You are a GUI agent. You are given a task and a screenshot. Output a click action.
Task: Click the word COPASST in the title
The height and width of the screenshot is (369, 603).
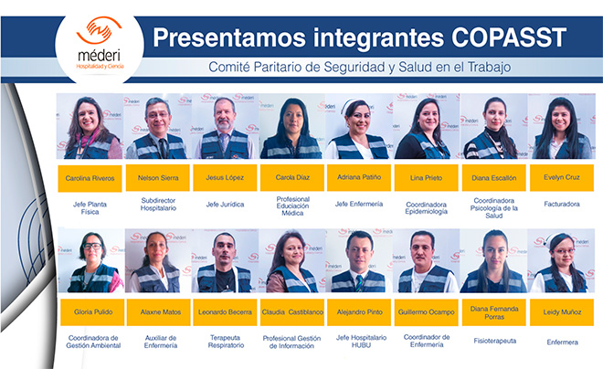(x=509, y=37)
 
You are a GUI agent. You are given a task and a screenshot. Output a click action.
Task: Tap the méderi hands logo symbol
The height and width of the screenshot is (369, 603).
(x=100, y=30)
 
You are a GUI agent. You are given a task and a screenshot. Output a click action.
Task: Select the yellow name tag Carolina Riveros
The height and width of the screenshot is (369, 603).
(x=90, y=178)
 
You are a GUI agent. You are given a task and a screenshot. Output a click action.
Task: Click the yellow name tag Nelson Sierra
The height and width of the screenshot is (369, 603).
(x=158, y=177)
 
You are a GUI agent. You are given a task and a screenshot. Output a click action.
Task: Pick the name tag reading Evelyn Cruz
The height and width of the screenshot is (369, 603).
(x=562, y=177)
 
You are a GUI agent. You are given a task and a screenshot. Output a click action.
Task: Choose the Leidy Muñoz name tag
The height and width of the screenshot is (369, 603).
(x=562, y=312)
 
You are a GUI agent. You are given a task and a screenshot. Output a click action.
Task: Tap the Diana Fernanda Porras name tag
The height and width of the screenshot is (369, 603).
(x=494, y=312)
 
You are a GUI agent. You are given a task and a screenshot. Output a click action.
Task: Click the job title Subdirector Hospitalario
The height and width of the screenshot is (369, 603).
(x=158, y=204)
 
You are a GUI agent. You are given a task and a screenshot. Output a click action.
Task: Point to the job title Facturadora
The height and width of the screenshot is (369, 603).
(x=562, y=204)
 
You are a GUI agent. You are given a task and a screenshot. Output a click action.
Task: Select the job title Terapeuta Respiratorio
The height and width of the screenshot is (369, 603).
(x=226, y=342)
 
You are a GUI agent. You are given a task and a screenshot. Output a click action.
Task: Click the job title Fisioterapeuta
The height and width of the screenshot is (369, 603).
(x=495, y=341)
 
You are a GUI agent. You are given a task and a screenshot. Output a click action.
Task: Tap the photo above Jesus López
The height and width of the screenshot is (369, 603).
(x=226, y=126)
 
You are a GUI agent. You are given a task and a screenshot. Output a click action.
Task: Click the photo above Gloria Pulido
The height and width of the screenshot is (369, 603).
(x=91, y=260)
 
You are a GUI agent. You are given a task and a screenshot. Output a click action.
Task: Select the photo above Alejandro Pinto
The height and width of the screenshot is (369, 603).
(x=359, y=260)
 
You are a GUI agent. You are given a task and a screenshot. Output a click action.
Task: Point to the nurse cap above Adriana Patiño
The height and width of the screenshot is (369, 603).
(x=348, y=105)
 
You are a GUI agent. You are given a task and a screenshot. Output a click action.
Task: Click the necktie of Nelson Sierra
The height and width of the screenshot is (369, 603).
(x=163, y=148)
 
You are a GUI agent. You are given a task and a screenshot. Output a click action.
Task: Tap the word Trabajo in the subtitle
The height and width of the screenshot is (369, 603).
(x=489, y=68)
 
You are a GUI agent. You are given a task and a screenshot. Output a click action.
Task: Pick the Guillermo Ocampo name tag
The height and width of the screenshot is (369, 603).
(x=426, y=312)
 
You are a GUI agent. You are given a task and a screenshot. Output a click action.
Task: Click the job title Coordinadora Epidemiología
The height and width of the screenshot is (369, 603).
(x=426, y=208)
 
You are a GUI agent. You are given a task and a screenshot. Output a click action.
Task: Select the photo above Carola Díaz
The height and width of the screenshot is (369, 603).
(x=292, y=126)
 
